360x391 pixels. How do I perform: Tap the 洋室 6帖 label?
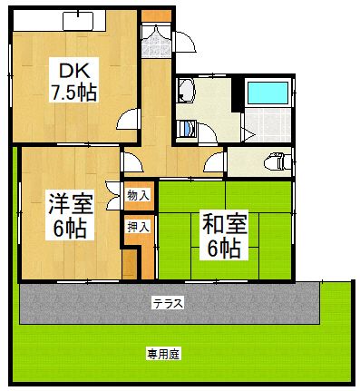pos(68,215)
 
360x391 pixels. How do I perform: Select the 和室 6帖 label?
pos(220,233)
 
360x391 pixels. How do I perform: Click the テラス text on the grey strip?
pos(168,304)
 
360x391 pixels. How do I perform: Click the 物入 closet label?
pos(138,194)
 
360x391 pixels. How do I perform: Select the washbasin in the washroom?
pos(187,91)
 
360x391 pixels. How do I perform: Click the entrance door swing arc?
pos(184,42)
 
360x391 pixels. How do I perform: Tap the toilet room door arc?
pos(216,163)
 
